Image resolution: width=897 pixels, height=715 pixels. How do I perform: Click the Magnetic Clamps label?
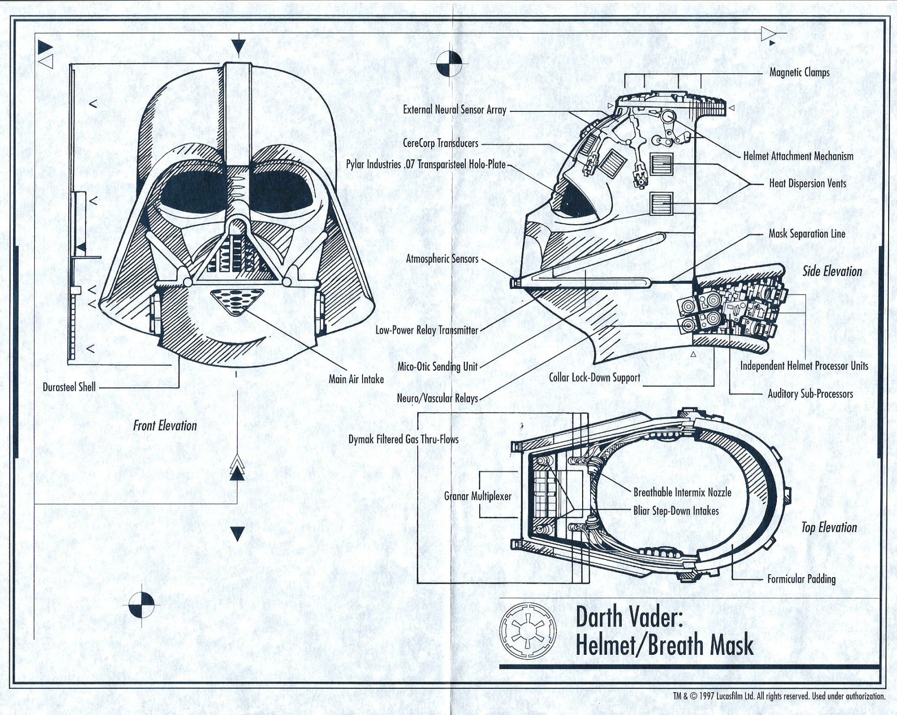[799, 72]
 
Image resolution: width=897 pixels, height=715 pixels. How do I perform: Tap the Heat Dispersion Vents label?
[807, 184]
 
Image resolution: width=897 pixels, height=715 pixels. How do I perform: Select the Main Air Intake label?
[356, 379]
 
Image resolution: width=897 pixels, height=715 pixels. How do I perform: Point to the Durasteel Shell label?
[69, 387]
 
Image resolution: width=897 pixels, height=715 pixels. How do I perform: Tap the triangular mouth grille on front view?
[237, 301]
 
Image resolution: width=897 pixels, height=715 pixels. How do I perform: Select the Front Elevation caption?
[165, 426]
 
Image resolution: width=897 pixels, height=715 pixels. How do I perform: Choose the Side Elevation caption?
[832, 272]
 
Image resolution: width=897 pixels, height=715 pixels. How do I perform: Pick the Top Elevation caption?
[829, 528]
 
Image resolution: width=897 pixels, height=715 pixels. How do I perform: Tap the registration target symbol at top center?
[448, 64]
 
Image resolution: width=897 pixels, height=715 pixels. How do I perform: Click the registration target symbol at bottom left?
[142, 604]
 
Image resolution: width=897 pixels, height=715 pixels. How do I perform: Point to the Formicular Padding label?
[801, 579]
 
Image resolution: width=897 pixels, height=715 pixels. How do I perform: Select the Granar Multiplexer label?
[477, 496]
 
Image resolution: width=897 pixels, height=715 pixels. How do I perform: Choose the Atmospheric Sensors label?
[442, 259]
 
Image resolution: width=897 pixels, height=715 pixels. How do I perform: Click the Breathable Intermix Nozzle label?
[682, 492]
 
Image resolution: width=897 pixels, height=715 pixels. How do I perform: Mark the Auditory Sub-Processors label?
[810, 394]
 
